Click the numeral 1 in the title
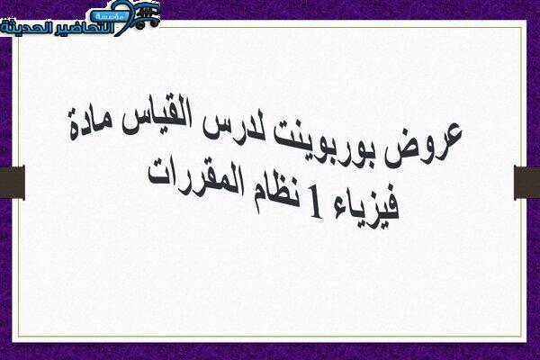coord(315,202)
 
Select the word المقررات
coord(195,178)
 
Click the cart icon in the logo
coord(148,14)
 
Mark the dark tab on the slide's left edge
coord(13,182)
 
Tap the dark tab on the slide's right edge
coord(526,182)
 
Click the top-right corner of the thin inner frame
coord(522,27)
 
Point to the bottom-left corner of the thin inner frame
coord(19,336)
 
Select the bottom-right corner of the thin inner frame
coord(522,336)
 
